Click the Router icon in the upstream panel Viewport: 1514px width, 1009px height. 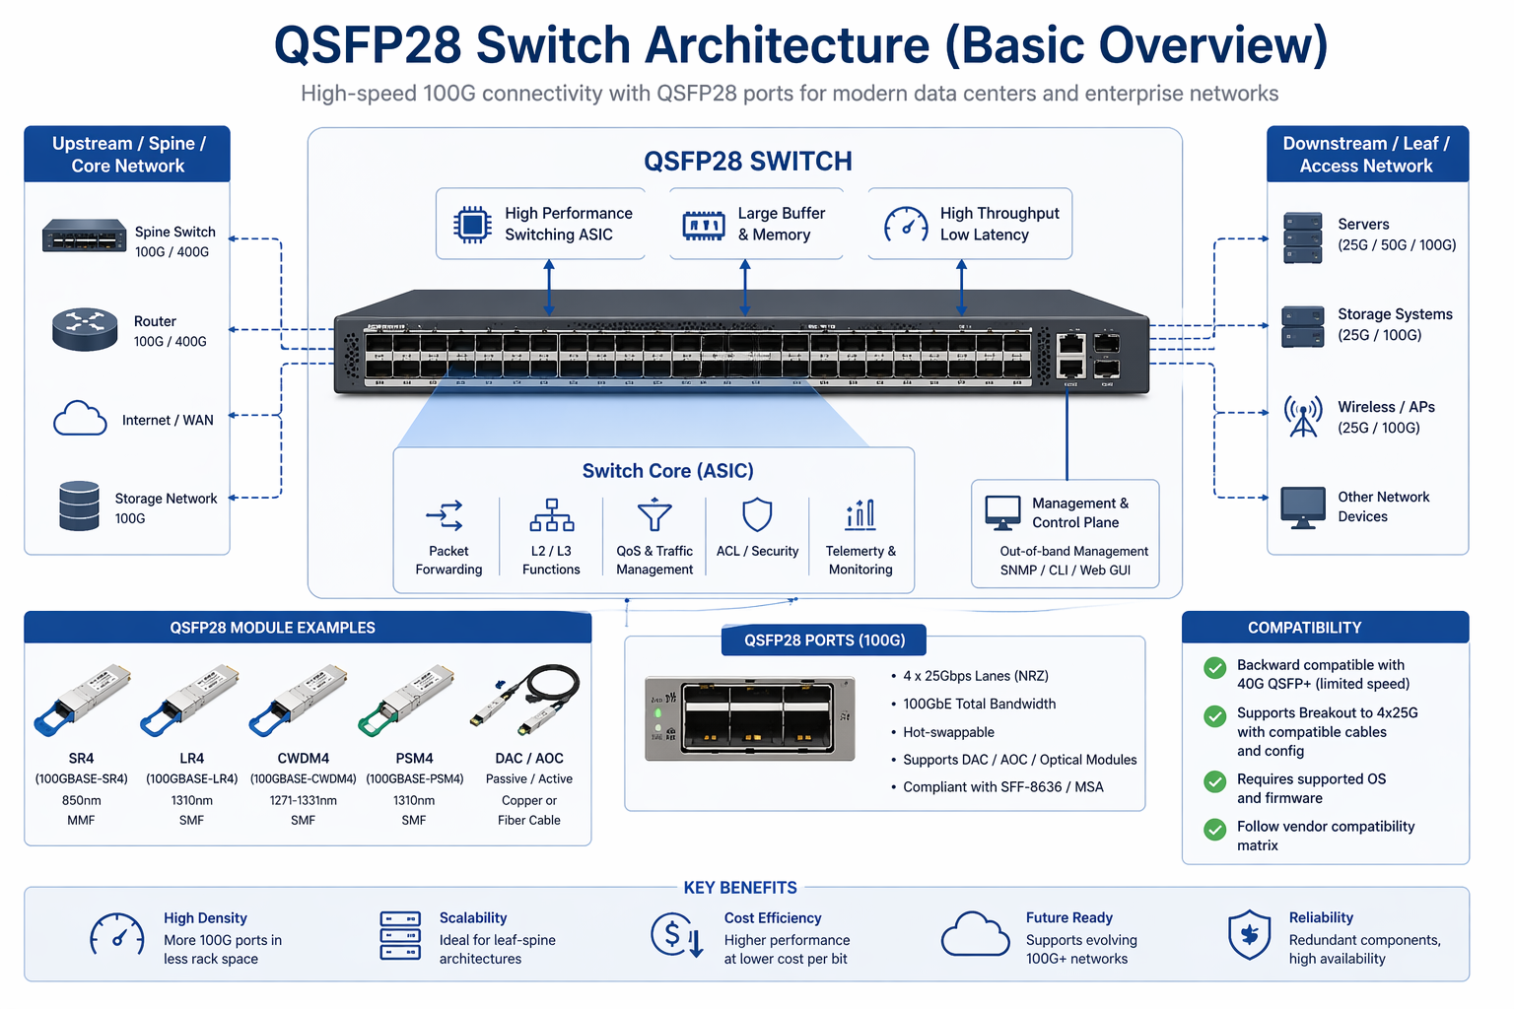85,330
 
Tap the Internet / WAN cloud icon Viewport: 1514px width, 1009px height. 80,419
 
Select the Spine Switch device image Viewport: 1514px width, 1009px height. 84,236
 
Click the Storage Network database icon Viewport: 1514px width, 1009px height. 79,505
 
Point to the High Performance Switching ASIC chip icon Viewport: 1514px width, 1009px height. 472,225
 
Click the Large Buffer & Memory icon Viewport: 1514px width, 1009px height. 704,225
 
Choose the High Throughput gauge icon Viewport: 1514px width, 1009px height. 906,225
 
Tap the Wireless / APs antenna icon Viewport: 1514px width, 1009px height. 1303,416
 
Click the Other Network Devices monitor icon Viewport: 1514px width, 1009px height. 1303,507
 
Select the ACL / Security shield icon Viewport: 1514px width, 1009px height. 757,514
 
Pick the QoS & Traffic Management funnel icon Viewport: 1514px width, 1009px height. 654,515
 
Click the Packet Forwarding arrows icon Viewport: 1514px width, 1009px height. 445,515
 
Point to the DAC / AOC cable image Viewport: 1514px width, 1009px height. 526,699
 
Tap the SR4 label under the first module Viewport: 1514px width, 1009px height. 81,759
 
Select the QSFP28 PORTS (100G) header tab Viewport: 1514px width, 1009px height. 824,640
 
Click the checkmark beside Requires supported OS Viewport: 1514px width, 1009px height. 1215,782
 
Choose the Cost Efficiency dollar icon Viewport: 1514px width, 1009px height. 676,935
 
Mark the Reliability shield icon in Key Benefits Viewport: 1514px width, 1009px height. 1249,935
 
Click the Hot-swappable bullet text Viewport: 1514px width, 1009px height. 948,732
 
